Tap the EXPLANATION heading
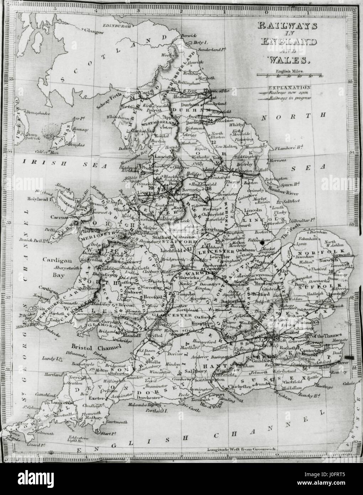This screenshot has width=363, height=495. click(289, 87)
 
